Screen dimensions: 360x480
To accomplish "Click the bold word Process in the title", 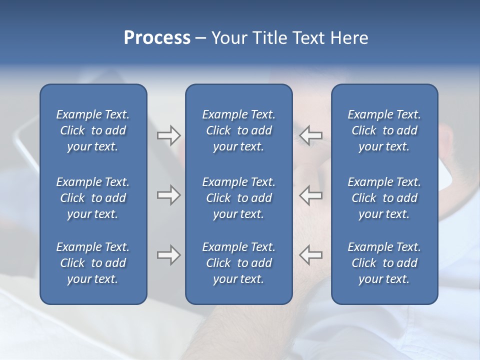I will (x=157, y=38).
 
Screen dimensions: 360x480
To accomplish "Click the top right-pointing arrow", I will (x=168, y=135).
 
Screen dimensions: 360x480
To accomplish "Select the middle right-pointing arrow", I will (x=168, y=195).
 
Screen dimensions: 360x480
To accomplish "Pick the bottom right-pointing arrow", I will (x=168, y=255).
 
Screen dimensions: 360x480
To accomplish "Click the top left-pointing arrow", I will (x=310, y=135).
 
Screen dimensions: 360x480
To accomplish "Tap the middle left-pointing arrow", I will (x=310, y=195).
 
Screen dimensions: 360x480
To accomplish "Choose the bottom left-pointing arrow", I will (x=310, y=255).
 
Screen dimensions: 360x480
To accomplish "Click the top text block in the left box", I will (x=93, y=130).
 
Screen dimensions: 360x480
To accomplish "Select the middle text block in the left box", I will (x=93, y=198).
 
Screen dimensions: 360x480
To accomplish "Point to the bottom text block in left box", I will (x=93, y=263).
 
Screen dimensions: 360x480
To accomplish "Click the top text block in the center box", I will (x=238, y=130).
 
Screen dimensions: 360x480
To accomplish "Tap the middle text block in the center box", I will (x=238, y=198).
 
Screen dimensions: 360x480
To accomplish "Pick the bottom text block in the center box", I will (x=238, y=263).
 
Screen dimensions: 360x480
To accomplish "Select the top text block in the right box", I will (x=384, y=130).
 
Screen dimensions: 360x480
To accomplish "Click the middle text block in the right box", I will (x=384, y=198).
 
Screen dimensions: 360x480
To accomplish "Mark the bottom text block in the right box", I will (x=384, y=263).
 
